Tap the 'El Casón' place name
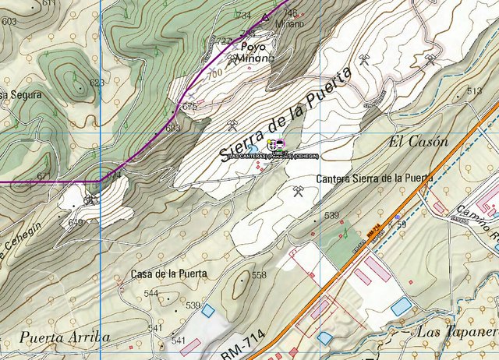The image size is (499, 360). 418,143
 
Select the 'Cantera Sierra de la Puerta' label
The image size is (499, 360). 374,178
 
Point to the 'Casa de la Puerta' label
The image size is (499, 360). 168,274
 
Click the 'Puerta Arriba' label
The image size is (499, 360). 65,337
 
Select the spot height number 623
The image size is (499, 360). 97,83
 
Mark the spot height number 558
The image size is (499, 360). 259,275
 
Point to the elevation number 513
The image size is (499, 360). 474,92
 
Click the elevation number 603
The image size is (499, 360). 9,22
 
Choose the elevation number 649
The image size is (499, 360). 75,223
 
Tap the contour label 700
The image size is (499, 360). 214,72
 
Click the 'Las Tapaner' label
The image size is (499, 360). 458,332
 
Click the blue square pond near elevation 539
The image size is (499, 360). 207,310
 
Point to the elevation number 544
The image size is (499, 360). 151,293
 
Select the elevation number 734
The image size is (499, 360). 244,16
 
